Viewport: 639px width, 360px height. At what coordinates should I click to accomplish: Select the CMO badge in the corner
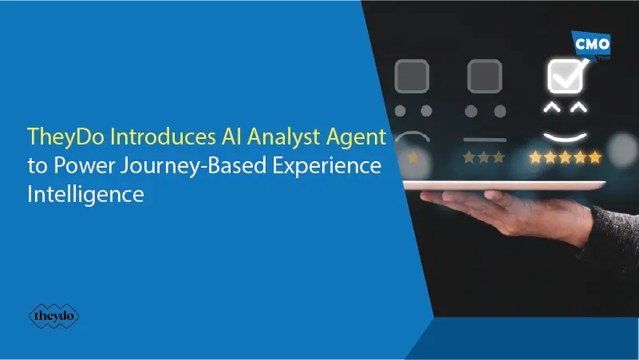pyautogui.click(x=593, y=44)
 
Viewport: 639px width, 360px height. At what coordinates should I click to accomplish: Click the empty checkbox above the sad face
pyautogui.click(x=413, y=77)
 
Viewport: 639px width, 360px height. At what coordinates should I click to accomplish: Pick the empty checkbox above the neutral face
pyautogui.click(x=485, y=77)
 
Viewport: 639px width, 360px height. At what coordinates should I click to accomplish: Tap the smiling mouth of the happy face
pyautogui.click(x=566, y=133)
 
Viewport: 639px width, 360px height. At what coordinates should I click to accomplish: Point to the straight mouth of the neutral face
pyautogui.click(x=485, y=139)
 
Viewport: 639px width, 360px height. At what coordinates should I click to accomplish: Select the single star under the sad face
pyautogui.click(x=413, y=158)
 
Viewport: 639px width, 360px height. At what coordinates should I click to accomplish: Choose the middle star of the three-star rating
pyautogui.click(x=485, y=158)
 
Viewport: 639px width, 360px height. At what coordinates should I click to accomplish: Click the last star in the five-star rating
pyautogui.click(x=594, y=158)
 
